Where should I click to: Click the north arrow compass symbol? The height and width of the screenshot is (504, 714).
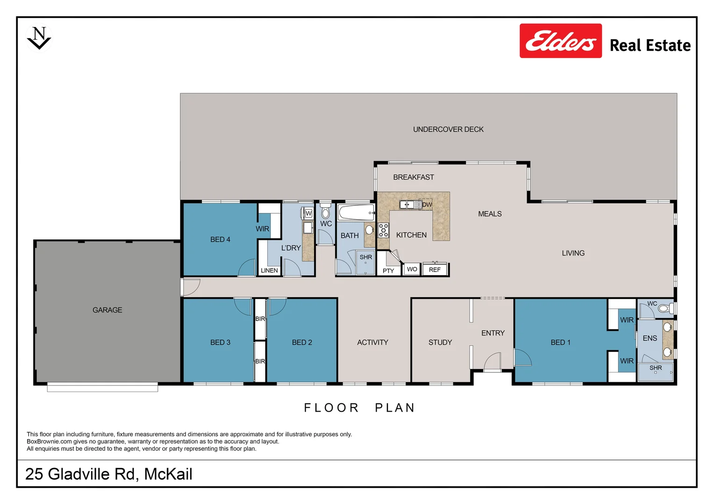pyautogui.click(x=39, y=38)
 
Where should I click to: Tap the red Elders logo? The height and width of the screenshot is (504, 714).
pyautogui.click(x=560, y=41)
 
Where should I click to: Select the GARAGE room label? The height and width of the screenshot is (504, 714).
pyautogui.click(x=107, y=310)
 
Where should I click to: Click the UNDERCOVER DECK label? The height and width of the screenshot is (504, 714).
pyautogui.click(x=448, y=129)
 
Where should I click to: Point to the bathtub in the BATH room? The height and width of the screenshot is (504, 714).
pyautogui.click(x=356, y=213)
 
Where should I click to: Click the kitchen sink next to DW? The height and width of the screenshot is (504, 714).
pyautogui.click(x=406, y=204)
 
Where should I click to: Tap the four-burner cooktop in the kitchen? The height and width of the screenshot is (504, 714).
pyautogui.click(x=384, y=230)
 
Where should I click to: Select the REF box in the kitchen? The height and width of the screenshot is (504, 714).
pyautogui.click(x=435, y=269)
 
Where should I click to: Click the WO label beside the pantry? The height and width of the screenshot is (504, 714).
pyautogui.click(x=412, y=269)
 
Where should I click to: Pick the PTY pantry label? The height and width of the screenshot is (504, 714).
pyautogui.click(x=388, y=271)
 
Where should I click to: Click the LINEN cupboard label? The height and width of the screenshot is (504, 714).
pyautogui.click(x=269, y=270)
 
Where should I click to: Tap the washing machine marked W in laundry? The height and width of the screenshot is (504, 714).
pyautogui.click(x=308, y=213)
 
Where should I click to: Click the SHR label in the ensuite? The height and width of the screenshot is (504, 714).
pyautogui.click(x=656, y=368)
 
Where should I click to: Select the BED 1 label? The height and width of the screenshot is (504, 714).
pyautogui.click(x=560, y=342)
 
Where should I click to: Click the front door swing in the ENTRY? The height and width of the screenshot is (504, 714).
pyautogui.click(x=493, y=361)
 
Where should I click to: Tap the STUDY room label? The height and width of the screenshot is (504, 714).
pyautogui.click(x=440, y=342)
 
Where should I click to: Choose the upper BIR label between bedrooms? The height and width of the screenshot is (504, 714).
pyautogui.click(x=260, y=319)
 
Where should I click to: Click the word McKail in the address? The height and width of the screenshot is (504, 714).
pyautogui.click(x=168, y=474)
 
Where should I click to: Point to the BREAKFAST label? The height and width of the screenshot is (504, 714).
pyautogui.click(x=414, y=177)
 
